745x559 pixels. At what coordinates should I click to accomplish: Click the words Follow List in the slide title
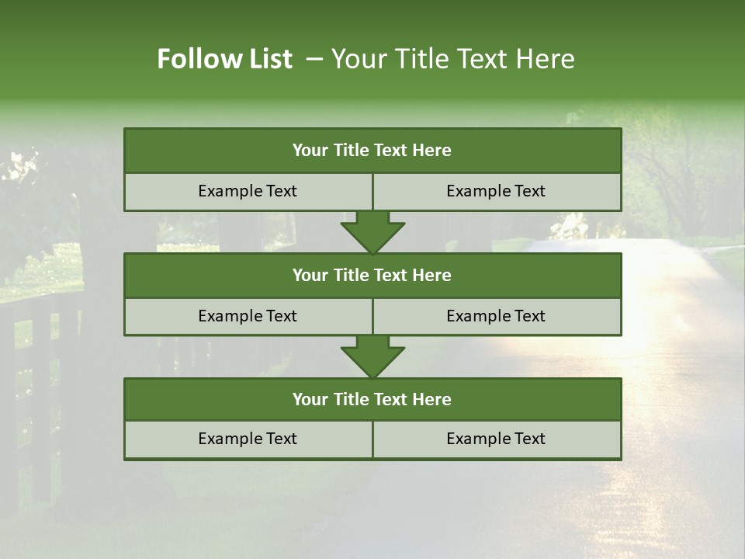(224, 59)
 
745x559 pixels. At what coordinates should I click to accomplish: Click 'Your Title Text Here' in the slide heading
(452, 59)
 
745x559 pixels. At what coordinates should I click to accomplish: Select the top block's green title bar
(372, 151)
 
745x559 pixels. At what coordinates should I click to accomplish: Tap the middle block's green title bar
(372, 275)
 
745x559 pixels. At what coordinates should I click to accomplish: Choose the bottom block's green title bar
(372, 399)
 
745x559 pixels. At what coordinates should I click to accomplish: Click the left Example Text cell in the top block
(248, 191)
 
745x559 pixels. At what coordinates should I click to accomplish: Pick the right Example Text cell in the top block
(496, 191)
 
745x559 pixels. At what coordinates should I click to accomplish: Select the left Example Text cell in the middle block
(248, 316)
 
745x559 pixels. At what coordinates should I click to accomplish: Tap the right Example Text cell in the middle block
(496, 316)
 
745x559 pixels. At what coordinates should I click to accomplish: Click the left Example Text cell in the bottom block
(248, 439)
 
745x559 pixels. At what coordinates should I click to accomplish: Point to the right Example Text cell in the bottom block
(496, 439)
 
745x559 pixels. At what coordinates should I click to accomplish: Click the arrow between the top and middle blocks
(372, 231)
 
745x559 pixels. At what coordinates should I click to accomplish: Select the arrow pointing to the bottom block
(372, 356)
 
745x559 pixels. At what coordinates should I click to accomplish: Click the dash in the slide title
(314, 59)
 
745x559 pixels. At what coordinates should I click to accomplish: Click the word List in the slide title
(266, 59)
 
